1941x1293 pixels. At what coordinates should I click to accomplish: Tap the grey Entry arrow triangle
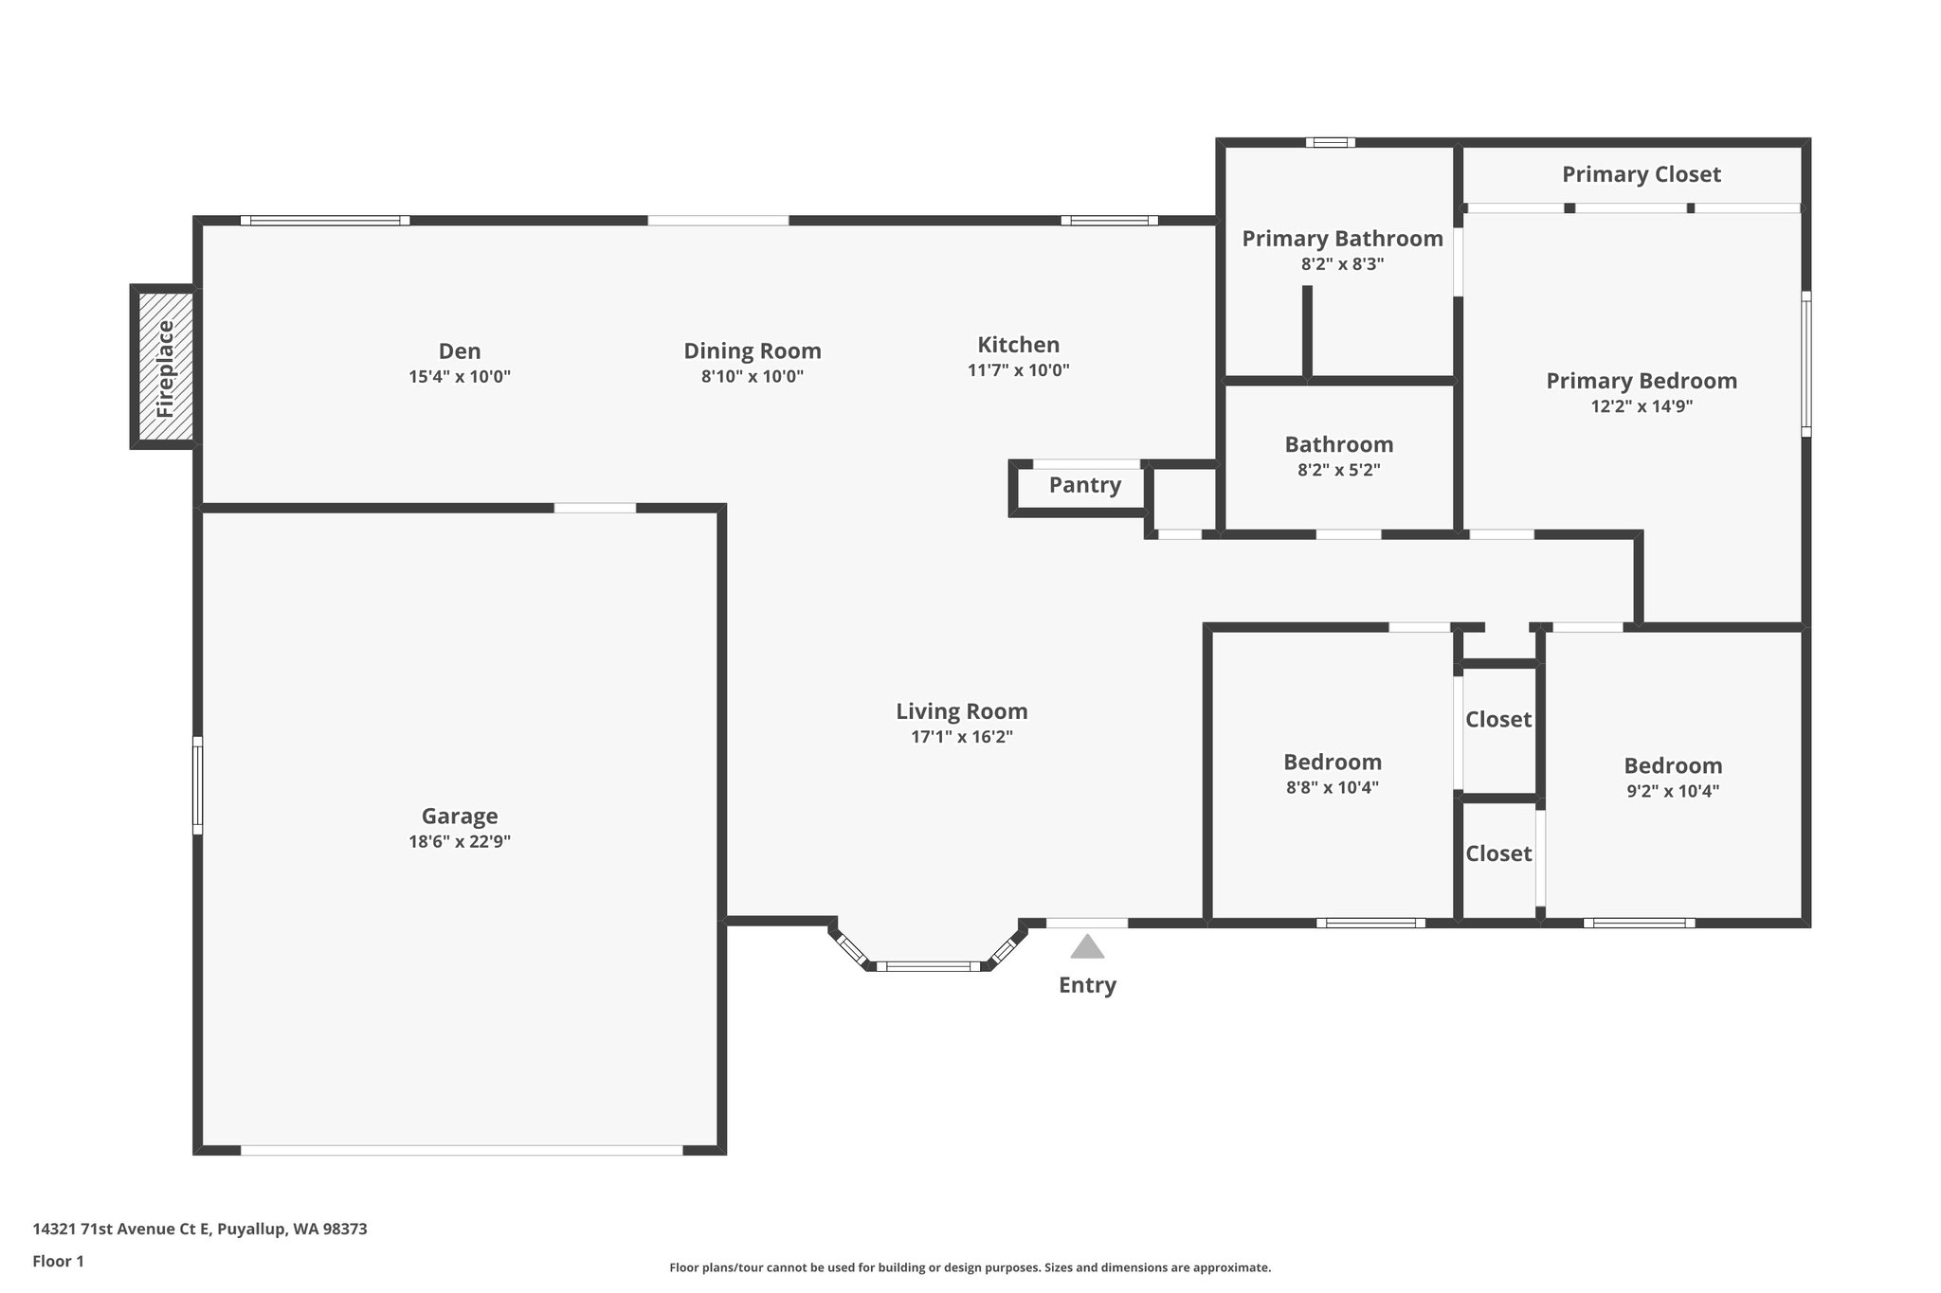coord(1087,947)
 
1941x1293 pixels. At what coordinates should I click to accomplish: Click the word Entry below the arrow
coord(1087,985)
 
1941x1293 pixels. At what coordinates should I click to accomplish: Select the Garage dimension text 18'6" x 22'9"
coord(460,841)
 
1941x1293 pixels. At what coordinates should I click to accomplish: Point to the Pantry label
coord(1084,485)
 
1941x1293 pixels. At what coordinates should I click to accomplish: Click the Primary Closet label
coord(1641,174)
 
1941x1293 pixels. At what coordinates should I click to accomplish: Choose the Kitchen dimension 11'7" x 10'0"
coord(1018,370)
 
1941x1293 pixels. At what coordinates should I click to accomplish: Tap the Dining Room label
coord(753,351)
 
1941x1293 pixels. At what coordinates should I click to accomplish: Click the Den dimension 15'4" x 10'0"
coord(460,376)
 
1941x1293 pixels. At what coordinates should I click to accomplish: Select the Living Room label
coord(961,711)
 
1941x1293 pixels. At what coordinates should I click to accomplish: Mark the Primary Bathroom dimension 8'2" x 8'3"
coord(1342,264)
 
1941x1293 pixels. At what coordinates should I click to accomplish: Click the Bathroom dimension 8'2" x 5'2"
coord(1338,470)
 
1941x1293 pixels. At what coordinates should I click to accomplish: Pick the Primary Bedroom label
coord(1642,381)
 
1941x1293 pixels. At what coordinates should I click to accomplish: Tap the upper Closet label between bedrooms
coord(1497,720)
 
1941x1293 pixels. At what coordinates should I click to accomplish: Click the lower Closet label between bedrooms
coord(1497,854)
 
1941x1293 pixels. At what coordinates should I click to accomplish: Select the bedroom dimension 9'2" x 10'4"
coord(1673,791)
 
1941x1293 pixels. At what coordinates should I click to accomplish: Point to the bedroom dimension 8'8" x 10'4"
coord(1332,787)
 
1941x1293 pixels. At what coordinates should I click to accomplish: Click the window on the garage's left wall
coord(198,785)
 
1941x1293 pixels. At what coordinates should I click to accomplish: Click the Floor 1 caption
coord(58,1261)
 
